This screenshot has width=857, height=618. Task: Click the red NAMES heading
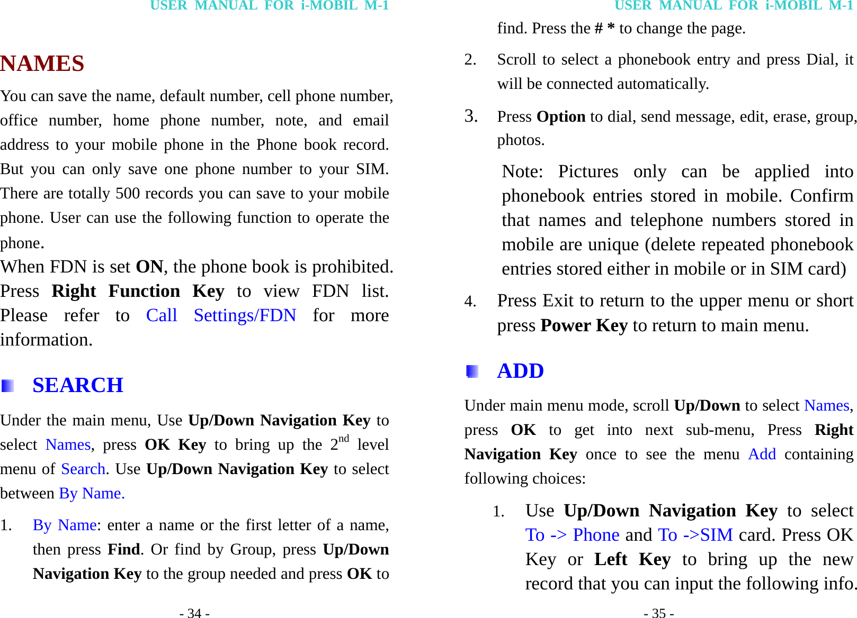coord(42,64)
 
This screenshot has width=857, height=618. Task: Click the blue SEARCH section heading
coord(78,385)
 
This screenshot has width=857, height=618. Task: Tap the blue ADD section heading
coord(520,371)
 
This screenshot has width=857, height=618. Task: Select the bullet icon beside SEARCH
coord(7,386)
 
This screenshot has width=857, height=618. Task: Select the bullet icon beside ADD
coord(472,371)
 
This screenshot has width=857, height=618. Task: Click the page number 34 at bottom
coord(194,613)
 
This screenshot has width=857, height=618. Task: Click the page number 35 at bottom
coord(659,613)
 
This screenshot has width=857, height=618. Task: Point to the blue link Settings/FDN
coord(245,316)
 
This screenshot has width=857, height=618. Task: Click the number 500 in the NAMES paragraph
coord(128,194)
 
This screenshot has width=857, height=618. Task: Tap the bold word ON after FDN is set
coord(149,267)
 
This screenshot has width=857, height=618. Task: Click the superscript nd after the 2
coord(344,439)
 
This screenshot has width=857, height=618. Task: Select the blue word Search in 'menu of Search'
coord(83,469)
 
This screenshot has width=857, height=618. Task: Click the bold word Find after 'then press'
coord(124,550)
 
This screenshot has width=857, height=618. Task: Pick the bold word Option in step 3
coord(561,117)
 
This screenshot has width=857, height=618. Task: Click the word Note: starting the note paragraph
coord(522,172)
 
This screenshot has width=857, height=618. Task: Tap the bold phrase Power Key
coord(584,325)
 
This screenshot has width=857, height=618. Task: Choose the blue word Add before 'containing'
coord(762,455)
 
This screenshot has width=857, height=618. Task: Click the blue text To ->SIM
coord(695,535)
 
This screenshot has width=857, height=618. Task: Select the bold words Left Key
coord(632,559)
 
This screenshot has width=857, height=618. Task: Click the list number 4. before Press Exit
coord(470,302)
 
